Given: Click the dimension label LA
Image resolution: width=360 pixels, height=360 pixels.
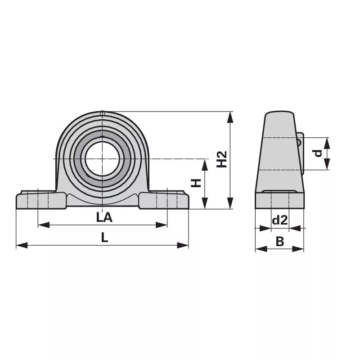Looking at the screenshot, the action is click(x=104, y=217).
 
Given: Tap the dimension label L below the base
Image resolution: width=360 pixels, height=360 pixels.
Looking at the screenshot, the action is click(x=105, y=238).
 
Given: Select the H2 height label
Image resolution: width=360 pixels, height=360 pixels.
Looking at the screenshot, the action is click(x=222, y=159).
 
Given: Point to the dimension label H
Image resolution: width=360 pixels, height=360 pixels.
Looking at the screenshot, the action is click(x=196, y=183).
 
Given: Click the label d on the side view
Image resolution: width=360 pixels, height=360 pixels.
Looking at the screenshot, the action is click(x=318, y=153).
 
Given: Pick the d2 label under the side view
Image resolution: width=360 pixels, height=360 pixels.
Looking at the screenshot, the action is click(x=279, y=220).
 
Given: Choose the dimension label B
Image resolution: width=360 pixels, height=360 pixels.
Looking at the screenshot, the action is click(x=279, y=242).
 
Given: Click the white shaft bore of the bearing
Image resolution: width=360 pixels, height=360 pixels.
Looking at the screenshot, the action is click(x=103, y=159).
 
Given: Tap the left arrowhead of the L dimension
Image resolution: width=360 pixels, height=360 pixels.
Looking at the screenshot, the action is click(x=22, y=245).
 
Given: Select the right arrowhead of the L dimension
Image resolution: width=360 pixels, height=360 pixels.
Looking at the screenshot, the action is click(x=183, y=245).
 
